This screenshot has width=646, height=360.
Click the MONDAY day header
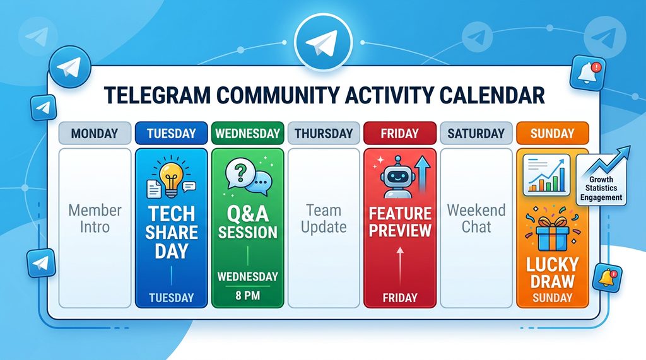(x=95, y=134)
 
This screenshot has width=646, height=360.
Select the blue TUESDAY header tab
(x=171, y=134)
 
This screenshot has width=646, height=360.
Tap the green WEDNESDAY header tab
(x=247, y=134)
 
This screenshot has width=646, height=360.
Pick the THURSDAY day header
(x=324, y=134)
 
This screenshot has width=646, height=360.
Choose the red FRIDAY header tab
(x=400, y=134)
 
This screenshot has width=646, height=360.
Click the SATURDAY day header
(x=476, y=134)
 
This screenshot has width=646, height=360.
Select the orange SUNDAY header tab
(x=553, y=134)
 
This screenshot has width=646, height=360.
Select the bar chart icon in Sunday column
(x=546, y=176)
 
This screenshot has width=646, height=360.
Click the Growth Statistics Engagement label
(x=601, y=189)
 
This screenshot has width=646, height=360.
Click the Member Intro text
(x=95, y=218)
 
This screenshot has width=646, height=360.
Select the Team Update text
(x=324, y=218)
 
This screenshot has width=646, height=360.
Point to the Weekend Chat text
(x=476, y=218)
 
